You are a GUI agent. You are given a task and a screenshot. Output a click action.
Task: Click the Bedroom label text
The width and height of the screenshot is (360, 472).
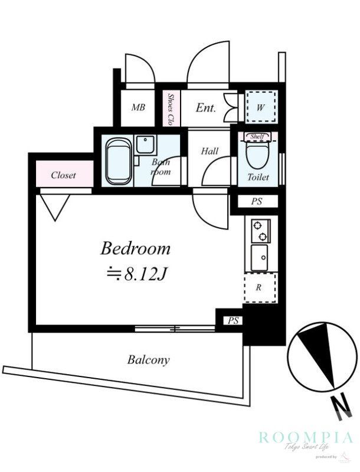(135, 248)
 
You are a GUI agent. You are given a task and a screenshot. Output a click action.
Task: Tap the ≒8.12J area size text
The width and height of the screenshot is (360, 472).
(135, 273)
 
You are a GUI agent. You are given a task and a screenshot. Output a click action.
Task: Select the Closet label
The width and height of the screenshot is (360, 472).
(63, 175)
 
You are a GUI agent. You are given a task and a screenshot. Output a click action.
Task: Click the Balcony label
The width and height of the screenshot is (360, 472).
(148, 359)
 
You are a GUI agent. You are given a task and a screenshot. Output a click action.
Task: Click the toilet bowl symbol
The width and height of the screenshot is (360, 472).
(257, 156)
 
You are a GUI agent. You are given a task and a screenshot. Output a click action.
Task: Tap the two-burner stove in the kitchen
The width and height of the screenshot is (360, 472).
(260, 231)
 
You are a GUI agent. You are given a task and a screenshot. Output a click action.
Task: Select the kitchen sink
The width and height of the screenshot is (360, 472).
(259, 257)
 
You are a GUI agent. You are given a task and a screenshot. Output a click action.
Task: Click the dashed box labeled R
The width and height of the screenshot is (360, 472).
(260, 289)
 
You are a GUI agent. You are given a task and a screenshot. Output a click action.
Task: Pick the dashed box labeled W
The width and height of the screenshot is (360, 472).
(261, 107)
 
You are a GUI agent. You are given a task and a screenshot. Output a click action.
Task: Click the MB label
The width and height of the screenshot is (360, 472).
(138, 107)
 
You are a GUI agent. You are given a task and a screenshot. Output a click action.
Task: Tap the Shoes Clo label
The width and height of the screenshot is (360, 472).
(171, 108)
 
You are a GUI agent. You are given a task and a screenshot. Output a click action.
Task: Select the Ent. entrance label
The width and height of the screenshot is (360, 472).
(205, 108)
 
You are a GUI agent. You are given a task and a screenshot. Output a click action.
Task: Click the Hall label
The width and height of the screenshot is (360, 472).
(210, 151)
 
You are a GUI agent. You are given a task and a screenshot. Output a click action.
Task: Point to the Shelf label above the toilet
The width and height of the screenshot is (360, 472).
(257, 136)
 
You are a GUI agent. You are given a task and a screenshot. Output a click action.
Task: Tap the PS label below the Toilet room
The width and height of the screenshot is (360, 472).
(256, 202)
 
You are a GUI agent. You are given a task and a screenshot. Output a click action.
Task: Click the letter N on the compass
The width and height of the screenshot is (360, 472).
(339, 407)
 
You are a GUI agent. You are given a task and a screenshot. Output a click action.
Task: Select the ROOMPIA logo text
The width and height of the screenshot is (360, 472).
(306, 437)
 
